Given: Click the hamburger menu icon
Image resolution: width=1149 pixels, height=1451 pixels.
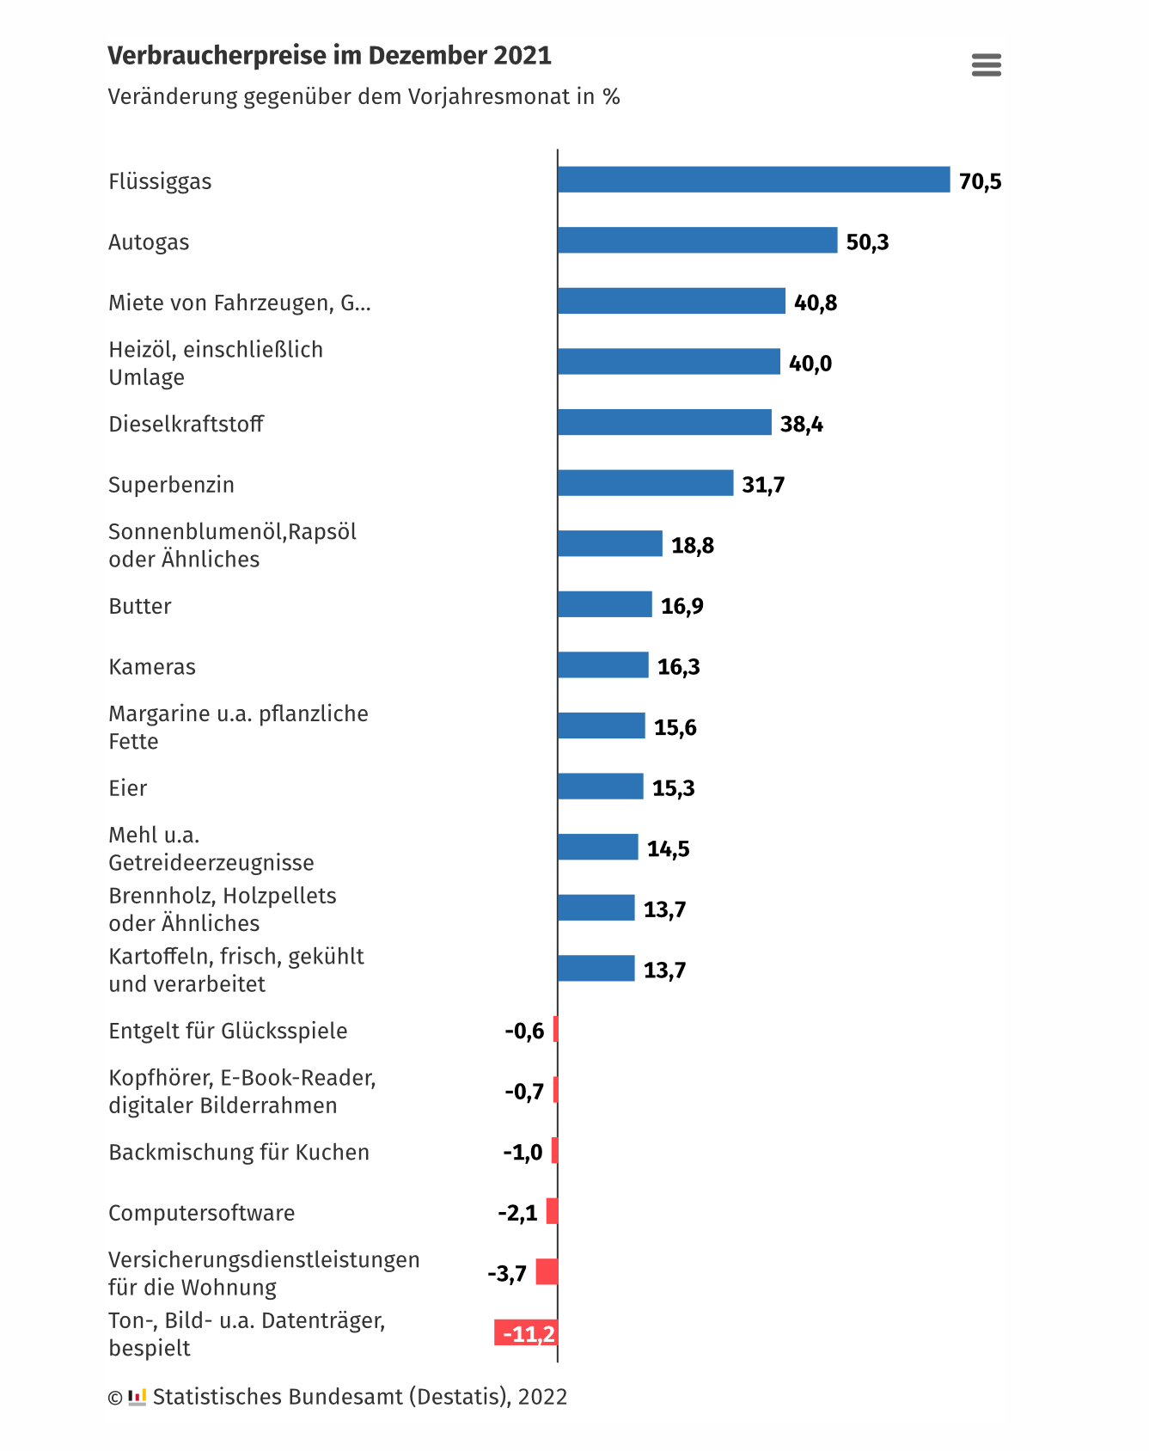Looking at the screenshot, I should tap(986, 64).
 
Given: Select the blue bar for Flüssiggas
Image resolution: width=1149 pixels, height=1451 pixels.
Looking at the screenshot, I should tap(753, 180).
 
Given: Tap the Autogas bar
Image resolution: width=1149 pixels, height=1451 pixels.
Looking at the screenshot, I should tap(697, 241).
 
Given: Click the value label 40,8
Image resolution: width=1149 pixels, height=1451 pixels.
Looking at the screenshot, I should tap(815, 303).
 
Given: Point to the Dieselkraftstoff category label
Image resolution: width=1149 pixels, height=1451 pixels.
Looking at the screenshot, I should tap(186, 424).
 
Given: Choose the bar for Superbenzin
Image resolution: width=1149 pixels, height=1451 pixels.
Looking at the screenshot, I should tap(645, 483).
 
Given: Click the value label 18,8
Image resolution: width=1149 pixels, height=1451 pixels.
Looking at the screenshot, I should tap(692, 545).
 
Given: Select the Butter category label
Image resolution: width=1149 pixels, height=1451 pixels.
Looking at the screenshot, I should tap(140, 606).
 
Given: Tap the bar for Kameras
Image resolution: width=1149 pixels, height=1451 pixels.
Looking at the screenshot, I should tap(602, 665).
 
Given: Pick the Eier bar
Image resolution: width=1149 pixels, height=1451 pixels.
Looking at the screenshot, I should tap(600, 787).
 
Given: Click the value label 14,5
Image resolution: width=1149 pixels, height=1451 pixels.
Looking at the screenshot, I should tap(668, 848).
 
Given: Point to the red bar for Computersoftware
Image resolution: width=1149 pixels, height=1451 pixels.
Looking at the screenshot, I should tap(552, 1211).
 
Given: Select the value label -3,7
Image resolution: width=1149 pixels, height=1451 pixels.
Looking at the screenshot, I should tap(507, 1273).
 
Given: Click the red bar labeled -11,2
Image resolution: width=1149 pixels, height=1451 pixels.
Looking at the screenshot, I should tap(526, 1333).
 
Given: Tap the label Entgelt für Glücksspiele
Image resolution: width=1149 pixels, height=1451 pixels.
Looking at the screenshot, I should tap(228, 1031).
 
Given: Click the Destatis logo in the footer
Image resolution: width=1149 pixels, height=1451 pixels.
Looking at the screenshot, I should tap(138, 1397).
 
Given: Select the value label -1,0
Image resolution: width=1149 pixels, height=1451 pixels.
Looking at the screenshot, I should tap(523, 1152).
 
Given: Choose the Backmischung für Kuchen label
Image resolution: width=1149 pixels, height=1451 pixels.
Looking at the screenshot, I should tap(239, 1152).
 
